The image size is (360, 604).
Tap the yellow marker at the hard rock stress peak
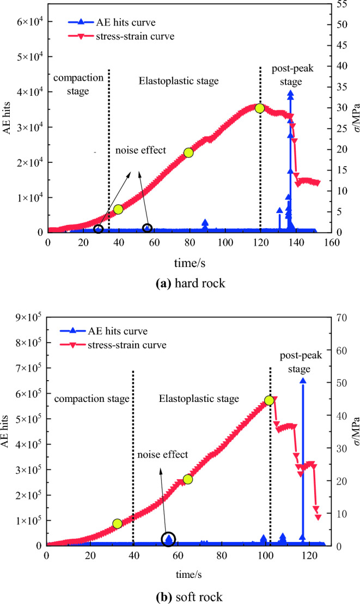[x=260, y=108]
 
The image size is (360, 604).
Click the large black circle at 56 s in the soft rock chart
[x=168, y=539]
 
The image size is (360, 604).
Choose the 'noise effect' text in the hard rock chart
[x=140, y=150]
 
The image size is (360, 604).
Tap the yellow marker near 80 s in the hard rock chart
[x=189, y=152]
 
